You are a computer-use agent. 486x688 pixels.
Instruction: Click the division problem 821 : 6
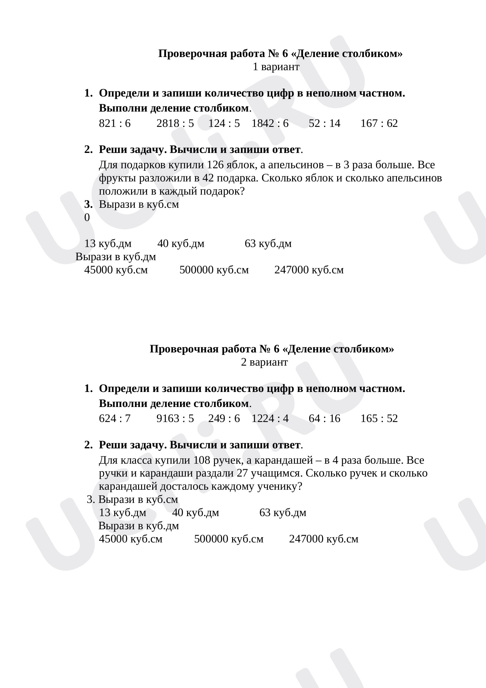[x=115, y=124]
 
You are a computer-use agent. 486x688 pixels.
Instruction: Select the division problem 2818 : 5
[x=175, y=124]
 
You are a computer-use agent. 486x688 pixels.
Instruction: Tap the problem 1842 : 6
[x=270, y=124]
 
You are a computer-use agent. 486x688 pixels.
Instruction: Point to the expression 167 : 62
[x=379, y=124]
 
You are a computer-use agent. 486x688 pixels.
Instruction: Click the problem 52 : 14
[x=325, y=124]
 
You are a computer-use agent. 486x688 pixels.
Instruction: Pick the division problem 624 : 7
[x=115, y=419]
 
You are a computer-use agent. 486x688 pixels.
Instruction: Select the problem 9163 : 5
[x=175, y=419]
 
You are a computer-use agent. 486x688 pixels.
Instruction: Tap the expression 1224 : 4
[x=270, y=419]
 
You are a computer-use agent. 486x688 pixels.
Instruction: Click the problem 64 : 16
[x=325, y=419]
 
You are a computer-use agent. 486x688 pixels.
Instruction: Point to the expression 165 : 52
[x=379, y=419]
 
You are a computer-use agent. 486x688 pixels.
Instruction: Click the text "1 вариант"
[x=276, y=67]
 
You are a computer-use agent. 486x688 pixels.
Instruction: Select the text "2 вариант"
[x=264, y=362]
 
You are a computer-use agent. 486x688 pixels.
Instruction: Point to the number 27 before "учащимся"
[x=243, y=473]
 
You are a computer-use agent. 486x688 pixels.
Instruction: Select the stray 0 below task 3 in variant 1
[x=87, y=218]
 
